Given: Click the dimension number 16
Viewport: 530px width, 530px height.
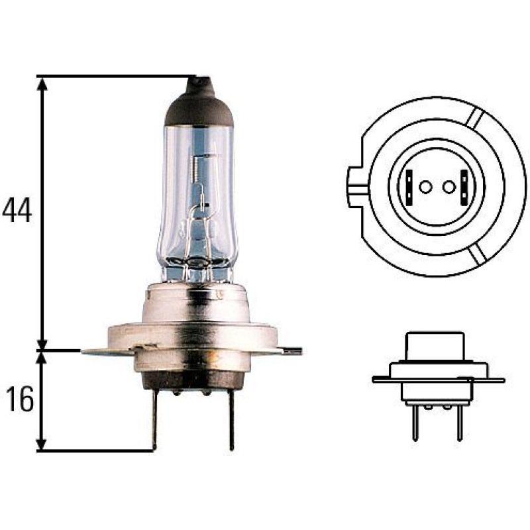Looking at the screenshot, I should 19,401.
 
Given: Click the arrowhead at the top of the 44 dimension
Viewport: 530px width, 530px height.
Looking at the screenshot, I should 43,83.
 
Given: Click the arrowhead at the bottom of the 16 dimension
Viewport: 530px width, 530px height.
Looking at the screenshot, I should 43,445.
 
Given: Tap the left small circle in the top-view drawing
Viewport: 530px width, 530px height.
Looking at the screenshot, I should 425,187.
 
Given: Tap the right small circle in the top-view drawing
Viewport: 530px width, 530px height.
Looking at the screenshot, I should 449,187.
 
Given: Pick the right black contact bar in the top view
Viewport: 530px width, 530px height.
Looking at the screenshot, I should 464,187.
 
